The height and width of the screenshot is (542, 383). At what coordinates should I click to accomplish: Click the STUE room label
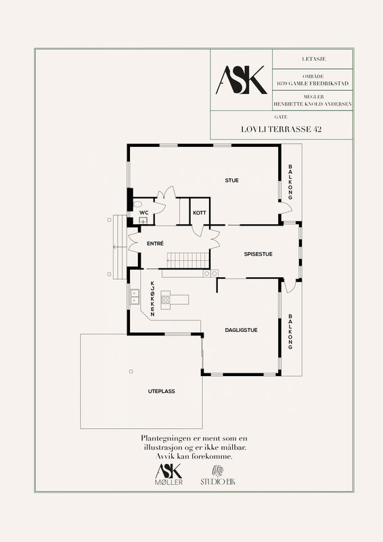pos(231,180)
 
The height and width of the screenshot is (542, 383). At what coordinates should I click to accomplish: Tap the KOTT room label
pos(199,213)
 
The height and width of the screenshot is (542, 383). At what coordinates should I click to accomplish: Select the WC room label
pos(143,213)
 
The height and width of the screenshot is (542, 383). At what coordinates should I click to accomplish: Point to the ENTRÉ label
pos(155,244)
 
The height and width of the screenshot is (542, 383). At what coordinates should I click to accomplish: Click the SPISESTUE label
pos(258,254)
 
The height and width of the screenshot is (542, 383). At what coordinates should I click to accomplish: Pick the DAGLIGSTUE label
pos(241,330)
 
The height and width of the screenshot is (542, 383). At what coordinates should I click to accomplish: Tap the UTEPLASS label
pos(161,392)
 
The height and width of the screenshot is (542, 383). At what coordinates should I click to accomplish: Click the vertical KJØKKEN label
pos(152,299)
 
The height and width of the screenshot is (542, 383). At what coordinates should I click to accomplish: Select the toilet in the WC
pos(137,204)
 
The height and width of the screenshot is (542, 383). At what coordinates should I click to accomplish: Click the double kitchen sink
pos(135,297)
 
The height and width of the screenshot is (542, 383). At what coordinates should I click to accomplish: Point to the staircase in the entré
pos(188,260)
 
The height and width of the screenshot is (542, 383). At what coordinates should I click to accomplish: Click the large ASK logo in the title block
pos(241,80)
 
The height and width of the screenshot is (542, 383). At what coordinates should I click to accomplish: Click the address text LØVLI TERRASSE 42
pos(281,129)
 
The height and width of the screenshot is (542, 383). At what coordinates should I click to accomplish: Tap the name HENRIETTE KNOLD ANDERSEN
pos(313,104)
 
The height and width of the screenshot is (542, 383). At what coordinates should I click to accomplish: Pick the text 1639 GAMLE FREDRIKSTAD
pos(313,83)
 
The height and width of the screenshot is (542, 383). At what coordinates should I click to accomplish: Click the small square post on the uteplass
pos(131,371)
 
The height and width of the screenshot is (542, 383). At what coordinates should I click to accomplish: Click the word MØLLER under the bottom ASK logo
pos(169,482)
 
